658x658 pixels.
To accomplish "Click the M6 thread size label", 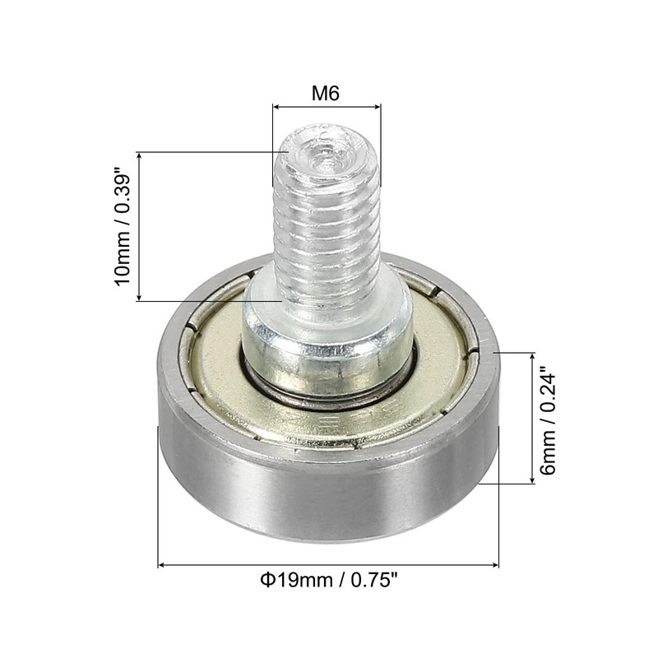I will [x=326, y=92].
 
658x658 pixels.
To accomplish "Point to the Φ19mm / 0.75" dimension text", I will [x=329, y=582].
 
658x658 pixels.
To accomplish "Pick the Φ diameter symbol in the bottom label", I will [x=267, y=582].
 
